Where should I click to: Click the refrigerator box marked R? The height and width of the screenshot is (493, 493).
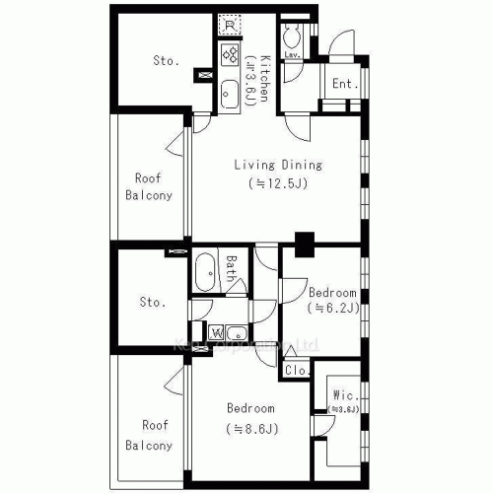tap(230, 25)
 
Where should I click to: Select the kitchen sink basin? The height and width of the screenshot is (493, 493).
tap(230, 91)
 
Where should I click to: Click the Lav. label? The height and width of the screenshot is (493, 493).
tap(293, 55)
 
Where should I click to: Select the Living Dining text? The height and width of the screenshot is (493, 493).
tap(277, 165)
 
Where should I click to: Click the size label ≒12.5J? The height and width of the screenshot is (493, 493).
tap(277, 183)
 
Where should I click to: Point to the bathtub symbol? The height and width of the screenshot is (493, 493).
tap(207, 269)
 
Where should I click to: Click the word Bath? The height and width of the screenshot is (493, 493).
tap(231, 269)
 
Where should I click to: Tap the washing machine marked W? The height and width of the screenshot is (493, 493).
tap(215, 331)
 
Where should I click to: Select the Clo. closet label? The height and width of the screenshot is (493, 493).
tap(295, 371)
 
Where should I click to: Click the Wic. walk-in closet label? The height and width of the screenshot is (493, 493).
tap(342, 396)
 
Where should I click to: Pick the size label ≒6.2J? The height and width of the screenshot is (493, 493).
tap(332, 309)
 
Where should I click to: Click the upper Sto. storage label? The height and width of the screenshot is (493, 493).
tap(166, 61)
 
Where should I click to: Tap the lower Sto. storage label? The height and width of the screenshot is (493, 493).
tap(153, 302)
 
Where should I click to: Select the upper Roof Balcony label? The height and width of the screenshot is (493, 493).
tap(149, 186)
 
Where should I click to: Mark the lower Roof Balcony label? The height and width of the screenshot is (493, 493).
tap(149, 435)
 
